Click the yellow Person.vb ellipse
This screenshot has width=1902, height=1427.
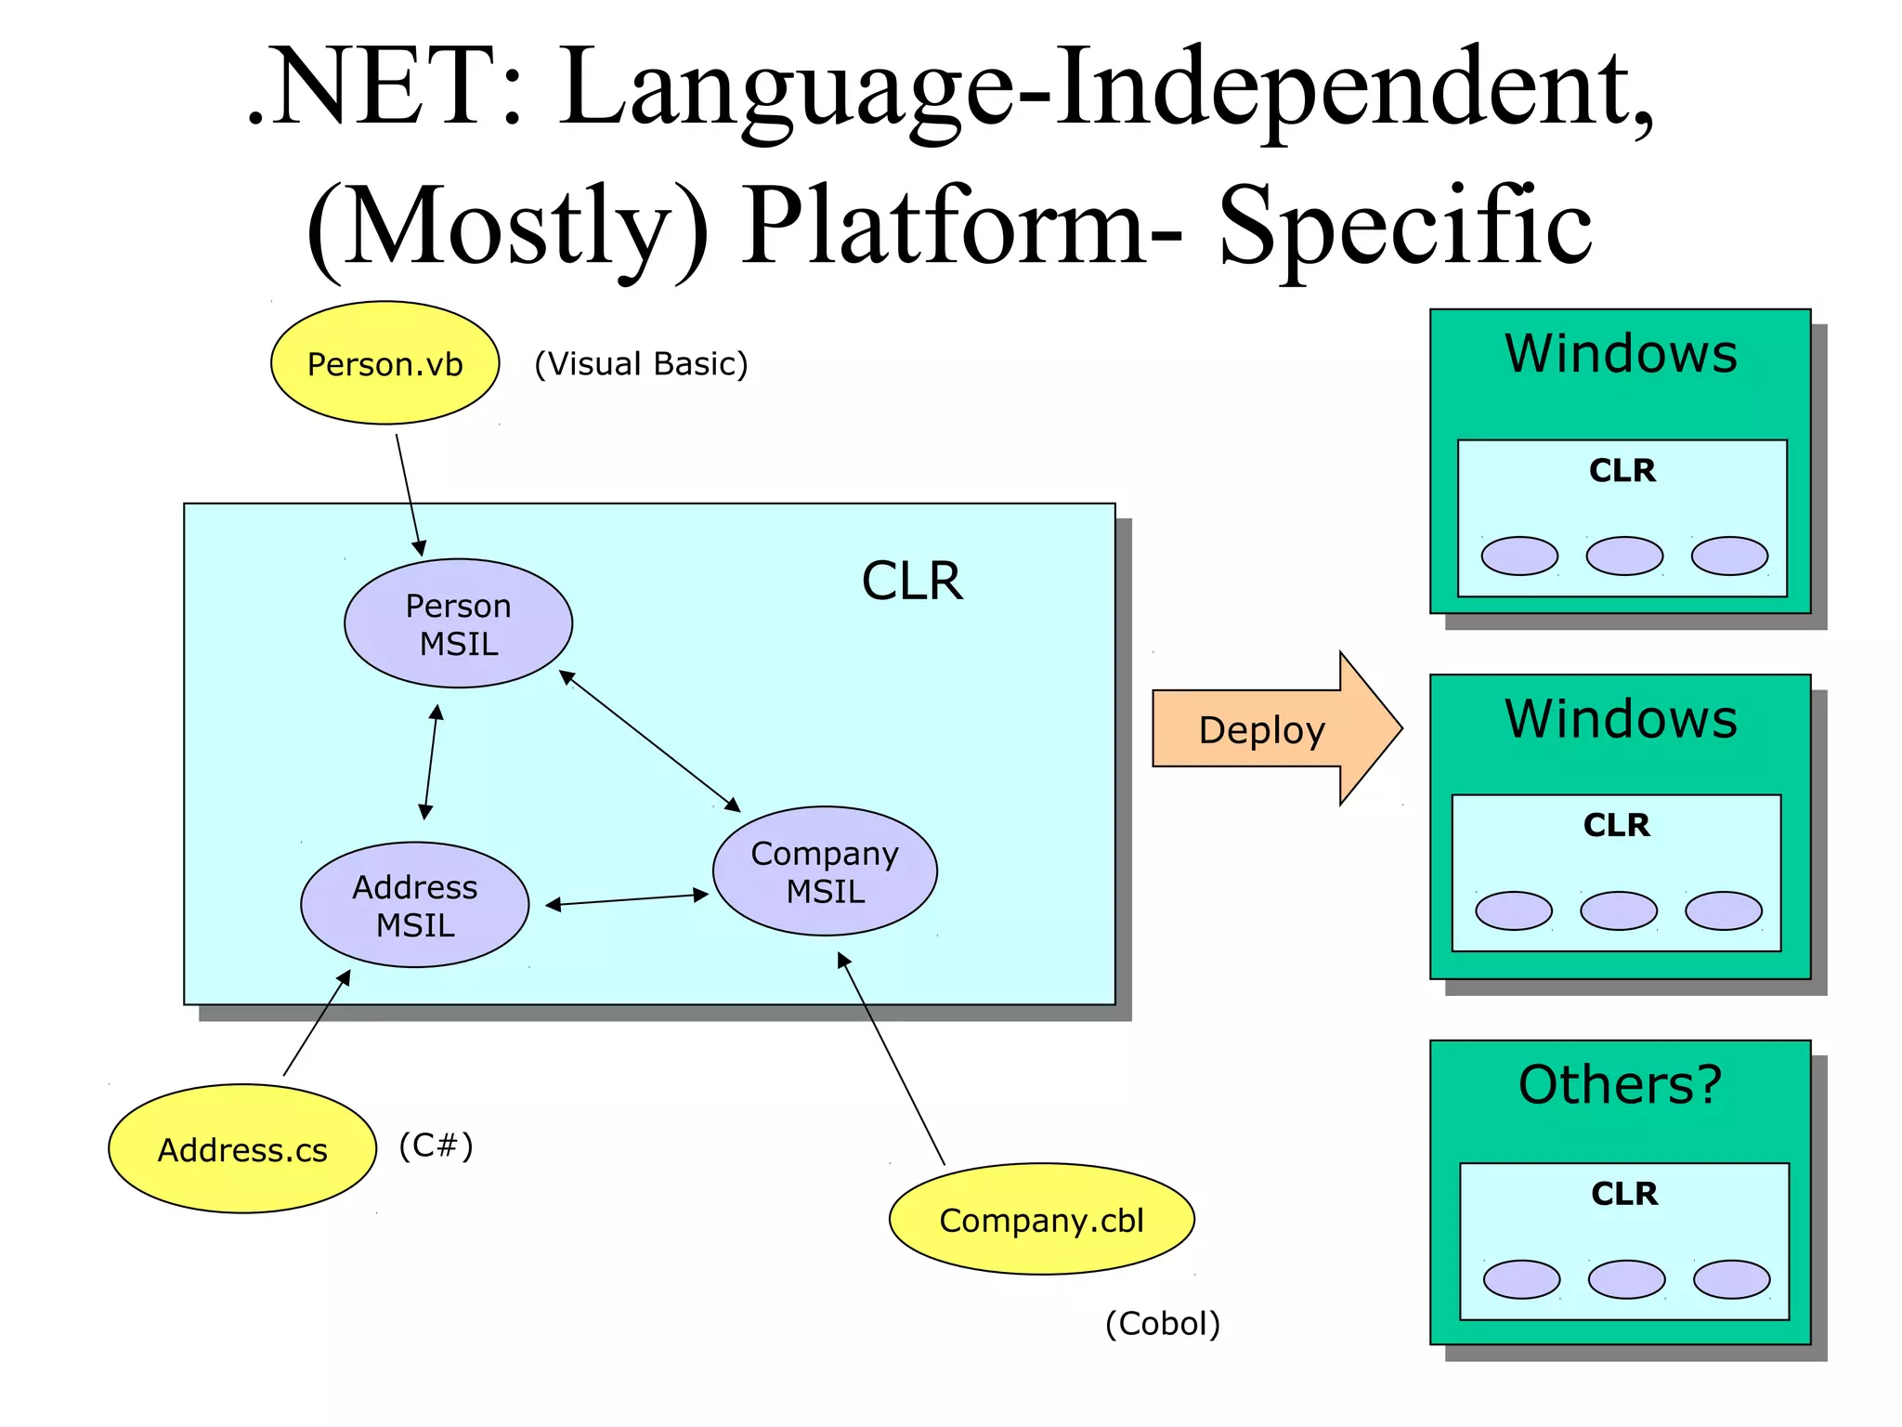coord(384,363)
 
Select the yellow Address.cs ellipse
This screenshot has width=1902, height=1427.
coord(242,1149)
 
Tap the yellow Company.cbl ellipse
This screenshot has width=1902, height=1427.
coord(1041,1219)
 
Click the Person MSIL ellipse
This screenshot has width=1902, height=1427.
coord(458,623)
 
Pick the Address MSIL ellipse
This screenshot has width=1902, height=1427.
coord(414,905)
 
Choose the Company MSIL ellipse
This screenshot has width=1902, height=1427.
coord(825,871)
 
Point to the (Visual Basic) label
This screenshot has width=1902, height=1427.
coord(641,363)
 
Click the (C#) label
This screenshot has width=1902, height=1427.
coord(436,1145)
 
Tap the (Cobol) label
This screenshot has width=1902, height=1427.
coord(1162,1323)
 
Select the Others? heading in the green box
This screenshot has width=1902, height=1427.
coord(1620,1084)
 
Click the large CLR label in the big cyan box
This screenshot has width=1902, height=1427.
coord(911,582)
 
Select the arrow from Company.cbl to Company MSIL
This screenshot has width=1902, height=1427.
coord(891,1058)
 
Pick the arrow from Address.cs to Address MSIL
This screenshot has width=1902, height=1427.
coord(317,1023)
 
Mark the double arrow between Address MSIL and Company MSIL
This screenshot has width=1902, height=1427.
coord(627,899)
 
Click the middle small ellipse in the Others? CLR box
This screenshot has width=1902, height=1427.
coord(1626,1279)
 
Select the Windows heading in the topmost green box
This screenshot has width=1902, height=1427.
coord(1621,353)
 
